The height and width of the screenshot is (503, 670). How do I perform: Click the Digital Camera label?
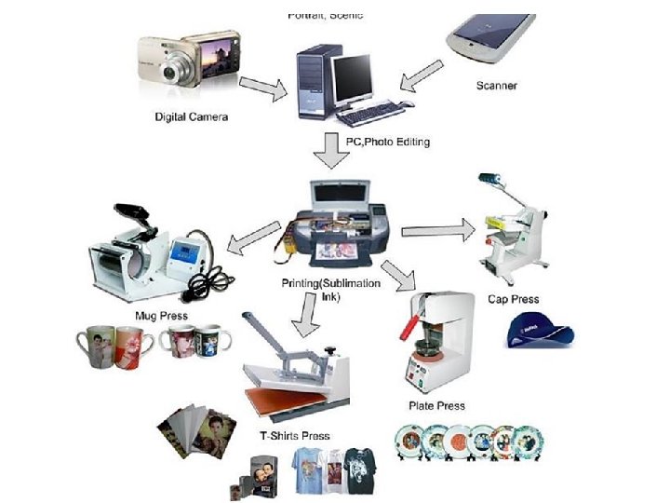191,116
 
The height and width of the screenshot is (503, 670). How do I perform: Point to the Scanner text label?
496,86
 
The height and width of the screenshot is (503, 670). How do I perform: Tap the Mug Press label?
161,316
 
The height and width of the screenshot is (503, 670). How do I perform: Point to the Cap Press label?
513,299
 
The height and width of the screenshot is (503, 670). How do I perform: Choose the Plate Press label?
436,405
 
